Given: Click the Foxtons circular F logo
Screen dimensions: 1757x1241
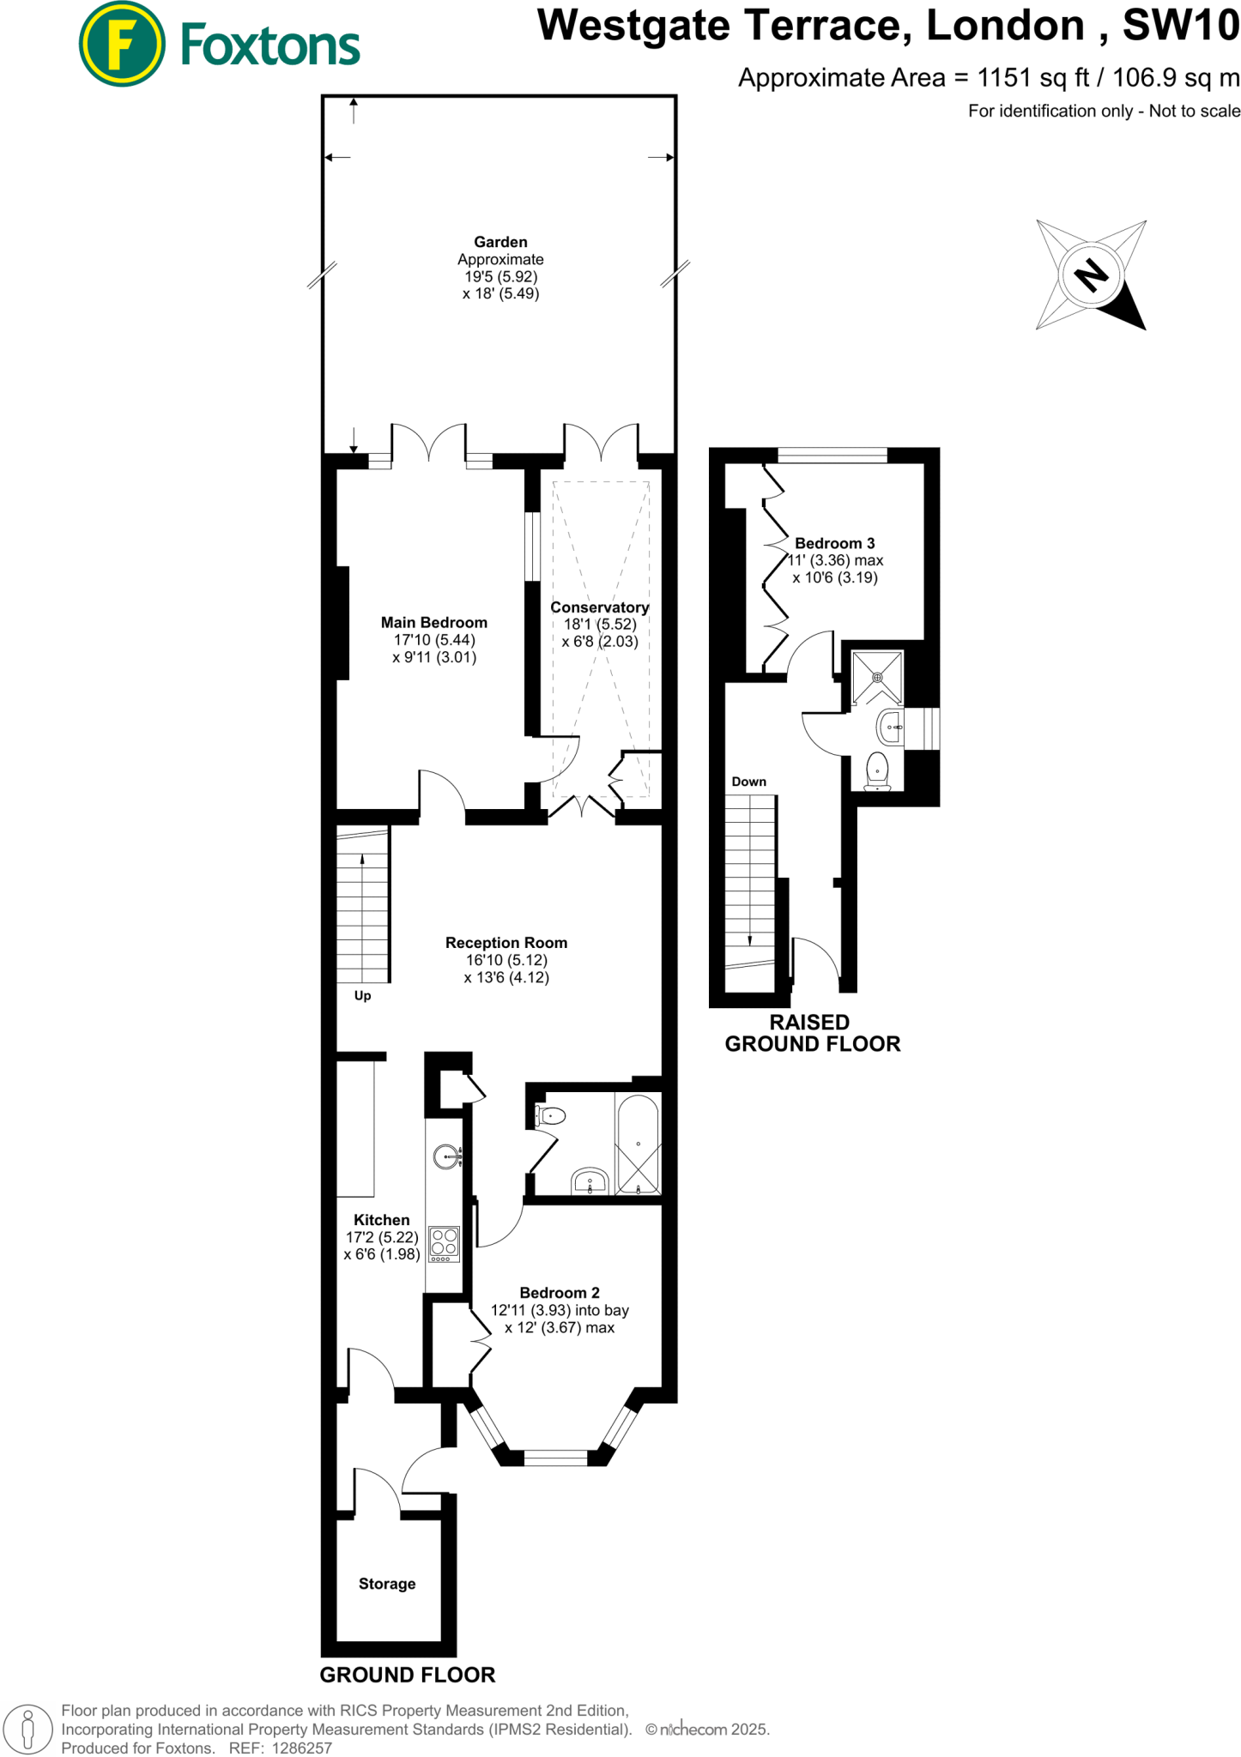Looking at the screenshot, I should [122, 45].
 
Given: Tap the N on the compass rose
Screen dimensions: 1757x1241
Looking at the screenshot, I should [1091, 275].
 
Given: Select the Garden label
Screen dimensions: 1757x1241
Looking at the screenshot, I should [500, 243].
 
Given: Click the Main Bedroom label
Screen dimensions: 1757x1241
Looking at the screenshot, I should [434, 623].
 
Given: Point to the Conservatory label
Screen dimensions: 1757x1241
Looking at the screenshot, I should [599, 607].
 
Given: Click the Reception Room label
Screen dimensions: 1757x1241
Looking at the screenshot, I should [506, 943].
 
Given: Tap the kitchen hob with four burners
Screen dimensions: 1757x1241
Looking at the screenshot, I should [445, 1243].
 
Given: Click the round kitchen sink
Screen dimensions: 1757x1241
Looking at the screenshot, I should [446, 1156].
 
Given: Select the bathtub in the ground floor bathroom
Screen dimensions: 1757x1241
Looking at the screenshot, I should [638, 1144].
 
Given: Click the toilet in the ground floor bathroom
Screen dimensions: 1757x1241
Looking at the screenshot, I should [551, 1115].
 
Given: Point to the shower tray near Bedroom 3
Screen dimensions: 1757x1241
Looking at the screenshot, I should [877, 678].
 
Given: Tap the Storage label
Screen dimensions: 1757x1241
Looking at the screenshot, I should [387, 1584].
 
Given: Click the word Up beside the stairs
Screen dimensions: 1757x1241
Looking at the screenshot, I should [362, 996].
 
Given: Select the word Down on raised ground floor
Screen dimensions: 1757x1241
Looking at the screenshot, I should [748, 782].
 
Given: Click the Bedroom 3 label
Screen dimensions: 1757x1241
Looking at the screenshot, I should [834, 543].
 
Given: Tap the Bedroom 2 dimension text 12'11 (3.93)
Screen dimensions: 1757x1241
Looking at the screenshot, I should [530, 1310].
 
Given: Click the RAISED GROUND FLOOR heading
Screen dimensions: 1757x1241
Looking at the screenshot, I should [812, 1033].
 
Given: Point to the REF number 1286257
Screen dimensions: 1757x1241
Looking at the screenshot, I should [301, 1748].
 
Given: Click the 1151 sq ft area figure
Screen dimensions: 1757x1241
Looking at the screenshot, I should [1033, 78].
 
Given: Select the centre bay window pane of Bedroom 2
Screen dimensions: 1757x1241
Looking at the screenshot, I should [555, 1456].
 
